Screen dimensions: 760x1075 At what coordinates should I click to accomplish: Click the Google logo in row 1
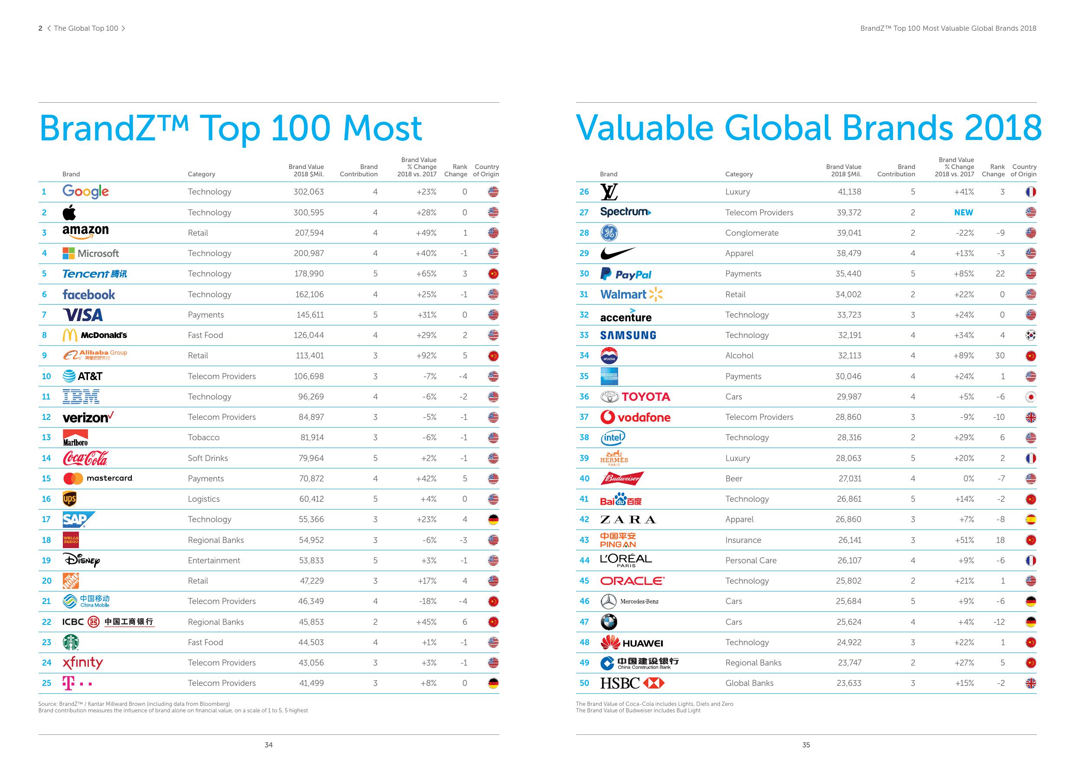(86, 192)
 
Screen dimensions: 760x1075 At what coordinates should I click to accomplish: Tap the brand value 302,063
(309, 192)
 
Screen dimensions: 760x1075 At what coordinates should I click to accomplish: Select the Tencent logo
(94, 274)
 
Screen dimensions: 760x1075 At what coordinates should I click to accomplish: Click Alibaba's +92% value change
(426, 356)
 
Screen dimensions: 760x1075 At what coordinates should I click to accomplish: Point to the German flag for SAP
(493, 520)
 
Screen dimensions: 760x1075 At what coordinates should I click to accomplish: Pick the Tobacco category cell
(204, 438)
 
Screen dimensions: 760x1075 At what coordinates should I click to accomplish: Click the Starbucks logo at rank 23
(71, 643)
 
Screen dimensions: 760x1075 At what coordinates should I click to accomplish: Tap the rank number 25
(46, 683)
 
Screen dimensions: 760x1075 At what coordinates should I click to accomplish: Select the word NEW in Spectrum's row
(964, 212)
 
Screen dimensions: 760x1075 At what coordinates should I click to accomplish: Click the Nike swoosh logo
(618, 253)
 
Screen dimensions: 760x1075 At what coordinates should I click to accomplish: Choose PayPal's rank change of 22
(1000, 274)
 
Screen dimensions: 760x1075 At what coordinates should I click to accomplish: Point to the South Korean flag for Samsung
(1030, 335)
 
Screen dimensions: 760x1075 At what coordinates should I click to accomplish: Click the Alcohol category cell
(739, 356)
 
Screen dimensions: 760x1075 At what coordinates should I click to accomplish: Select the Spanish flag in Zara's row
(1030, 520)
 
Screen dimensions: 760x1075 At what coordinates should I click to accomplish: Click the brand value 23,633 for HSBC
(848, 683)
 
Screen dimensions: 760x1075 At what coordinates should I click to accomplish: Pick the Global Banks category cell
(749, 683)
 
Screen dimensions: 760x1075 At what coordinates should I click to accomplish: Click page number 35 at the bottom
(806, 745)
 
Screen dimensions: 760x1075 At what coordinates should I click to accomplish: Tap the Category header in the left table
(201, 174)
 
